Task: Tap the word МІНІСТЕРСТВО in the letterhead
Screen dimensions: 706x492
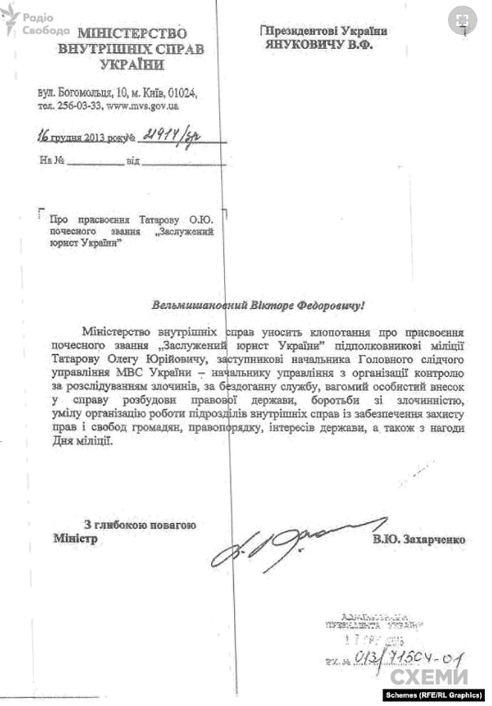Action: (x=132, y=34)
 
